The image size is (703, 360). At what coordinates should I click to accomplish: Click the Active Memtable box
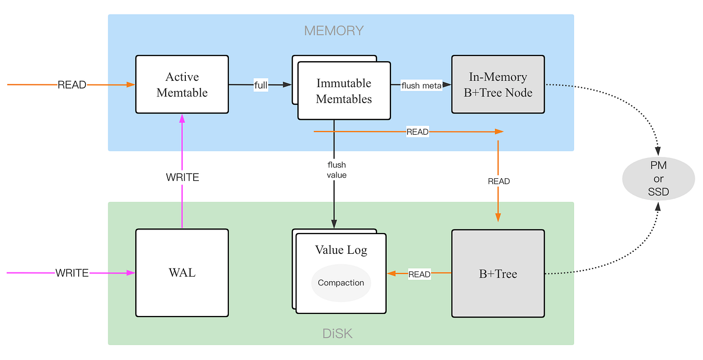[x=182, y=84]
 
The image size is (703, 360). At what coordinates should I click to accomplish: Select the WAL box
[x=182, y=273]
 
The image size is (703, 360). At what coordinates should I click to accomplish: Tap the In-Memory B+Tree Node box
[x=497, y=84]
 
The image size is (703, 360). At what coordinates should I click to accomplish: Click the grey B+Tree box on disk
[x=497, y=273]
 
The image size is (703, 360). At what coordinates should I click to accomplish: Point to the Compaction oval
[x=341, y=283]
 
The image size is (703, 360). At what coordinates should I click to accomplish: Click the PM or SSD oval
[x=658, y=179]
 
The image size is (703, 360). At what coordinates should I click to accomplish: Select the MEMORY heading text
[x=334, y=31]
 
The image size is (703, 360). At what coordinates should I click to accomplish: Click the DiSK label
[x=338, y=334]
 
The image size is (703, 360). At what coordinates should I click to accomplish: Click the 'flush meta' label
[x=421, y=85]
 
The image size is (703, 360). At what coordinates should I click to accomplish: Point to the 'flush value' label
[x=336, y=170]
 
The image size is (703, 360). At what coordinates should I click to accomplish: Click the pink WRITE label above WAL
[x=182, y=177]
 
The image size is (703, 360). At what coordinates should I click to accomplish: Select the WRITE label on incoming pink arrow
[x=72, y=273]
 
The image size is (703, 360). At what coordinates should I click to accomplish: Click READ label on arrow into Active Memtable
[x=72, y=85]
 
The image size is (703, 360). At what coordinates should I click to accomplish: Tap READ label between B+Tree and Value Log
[x=419, y=274]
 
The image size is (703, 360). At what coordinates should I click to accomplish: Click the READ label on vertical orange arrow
[x=499, y=181]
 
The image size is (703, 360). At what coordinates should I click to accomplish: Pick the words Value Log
[x=341, y=250]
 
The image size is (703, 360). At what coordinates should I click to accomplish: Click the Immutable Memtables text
[x=344, y=91]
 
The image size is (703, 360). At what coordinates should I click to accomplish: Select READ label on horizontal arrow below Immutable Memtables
[x=417, y=132]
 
